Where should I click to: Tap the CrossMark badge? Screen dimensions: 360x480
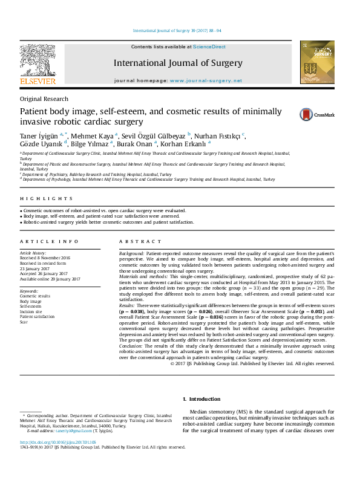[316, 114]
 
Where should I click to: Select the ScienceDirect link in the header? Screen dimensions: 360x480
[209, 47]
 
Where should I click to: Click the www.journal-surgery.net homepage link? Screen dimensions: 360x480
[206, 80]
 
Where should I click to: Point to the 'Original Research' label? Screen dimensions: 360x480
[44, 99]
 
